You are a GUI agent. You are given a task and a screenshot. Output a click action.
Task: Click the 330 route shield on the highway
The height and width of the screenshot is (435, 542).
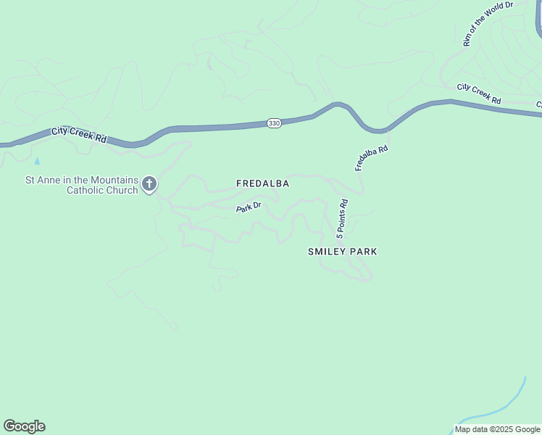tap(273, 124)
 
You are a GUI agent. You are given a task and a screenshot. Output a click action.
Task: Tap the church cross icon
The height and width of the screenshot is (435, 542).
tap(149, 184)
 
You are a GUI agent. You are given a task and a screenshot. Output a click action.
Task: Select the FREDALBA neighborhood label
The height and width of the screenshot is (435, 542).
tap(263, 184)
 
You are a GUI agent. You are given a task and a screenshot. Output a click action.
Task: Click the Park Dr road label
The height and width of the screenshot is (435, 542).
tap(248, 208)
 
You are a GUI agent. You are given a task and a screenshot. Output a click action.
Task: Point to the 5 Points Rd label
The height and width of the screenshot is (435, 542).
tap(342, 219)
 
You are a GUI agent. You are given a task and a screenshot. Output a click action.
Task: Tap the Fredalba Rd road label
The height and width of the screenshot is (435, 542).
tap(372, 158)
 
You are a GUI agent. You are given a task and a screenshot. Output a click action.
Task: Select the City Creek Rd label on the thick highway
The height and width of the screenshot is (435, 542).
tap(79, 135)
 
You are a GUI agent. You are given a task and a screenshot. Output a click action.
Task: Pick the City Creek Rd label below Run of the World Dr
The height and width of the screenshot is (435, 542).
tap(479, 94)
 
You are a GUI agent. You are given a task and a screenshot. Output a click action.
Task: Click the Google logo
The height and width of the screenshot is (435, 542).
tap(24, 426)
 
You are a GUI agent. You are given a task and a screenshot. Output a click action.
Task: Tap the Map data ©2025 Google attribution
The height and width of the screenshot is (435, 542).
tap(498, 429)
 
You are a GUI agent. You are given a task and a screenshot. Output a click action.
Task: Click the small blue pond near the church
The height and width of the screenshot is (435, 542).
tap(37, 160)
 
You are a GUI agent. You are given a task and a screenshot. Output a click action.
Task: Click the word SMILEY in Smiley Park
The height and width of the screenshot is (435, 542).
tap(326, 252)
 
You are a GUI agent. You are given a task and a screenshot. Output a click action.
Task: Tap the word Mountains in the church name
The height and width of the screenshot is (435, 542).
tap(113, 180)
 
